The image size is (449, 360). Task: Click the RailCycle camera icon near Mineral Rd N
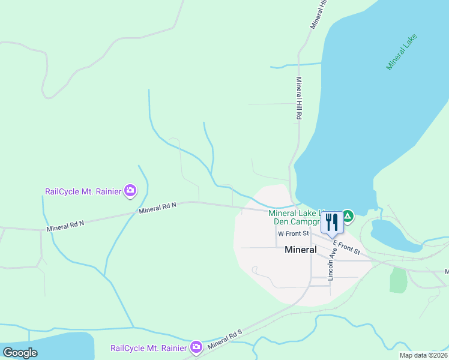coord(130,191)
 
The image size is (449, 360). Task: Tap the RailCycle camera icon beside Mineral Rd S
coord(196,347)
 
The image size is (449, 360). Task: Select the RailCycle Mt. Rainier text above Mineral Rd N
coord(83,192)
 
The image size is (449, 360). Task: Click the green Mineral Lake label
coord(401,52)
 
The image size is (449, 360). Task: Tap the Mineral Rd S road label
coord(224,339)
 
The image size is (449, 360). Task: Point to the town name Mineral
coord(301,250)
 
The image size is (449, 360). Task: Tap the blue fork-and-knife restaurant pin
coord(332,222)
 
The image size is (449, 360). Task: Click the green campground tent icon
coord(348,214)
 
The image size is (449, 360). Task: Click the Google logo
coord(19,353)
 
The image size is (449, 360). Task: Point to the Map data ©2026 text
coord(423,355)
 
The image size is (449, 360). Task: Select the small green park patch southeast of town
coord(398,280)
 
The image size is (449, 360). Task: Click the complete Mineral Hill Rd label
coord(298,99)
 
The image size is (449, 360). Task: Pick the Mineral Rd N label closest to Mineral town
coord(157,208)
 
